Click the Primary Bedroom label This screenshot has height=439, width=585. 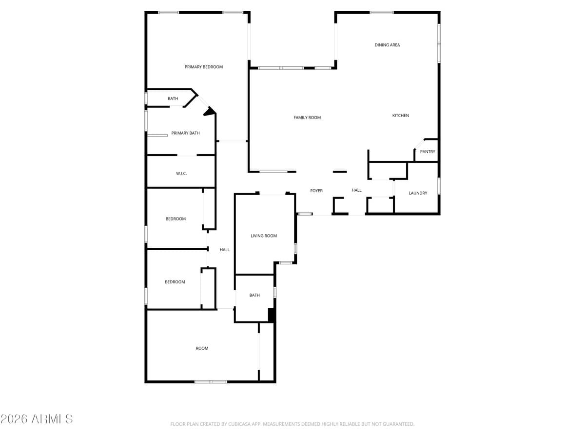pyautogui.click(x=204, y=67)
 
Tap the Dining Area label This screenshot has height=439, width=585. pyautogui.click(x=387, y=45)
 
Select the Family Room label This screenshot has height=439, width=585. pyautogui.click(x=307, y=118)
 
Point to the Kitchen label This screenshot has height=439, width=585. pyautogui.click(x=401, y=116)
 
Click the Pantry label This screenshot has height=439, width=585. pyautogui.click(x=428, y=152)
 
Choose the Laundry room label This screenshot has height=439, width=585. pyautogui.click(x=418, y=193)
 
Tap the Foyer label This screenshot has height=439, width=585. pyautogui.click(x=316, y=191)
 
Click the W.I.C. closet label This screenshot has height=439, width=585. pyautogui.click(x=181, y=174)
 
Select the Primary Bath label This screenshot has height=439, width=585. pyautogui.click(x=185, y=133)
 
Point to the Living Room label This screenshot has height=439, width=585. pyautogui.click(x=264, y=236)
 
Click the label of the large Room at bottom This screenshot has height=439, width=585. pyautogui.click(x=202, y=348)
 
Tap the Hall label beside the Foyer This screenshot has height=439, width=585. pyautogui.click(x=357, y=190)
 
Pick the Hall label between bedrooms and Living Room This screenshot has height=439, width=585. pyautogui.click(x=224, y=250)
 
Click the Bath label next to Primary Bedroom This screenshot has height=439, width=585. pyautogui.click(x=173, y=99)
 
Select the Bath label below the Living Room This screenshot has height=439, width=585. pyautogui.click(x=254, y=295)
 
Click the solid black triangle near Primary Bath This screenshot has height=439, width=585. pyautogui.click(x=210, y=112)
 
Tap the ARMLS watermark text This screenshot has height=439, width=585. pyautogui.click(x=37, y=419)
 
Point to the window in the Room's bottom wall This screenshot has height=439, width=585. pyautogui.click(x=211, y=381)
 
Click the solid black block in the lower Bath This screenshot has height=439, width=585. pyautogui.click(x=272, y=315)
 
